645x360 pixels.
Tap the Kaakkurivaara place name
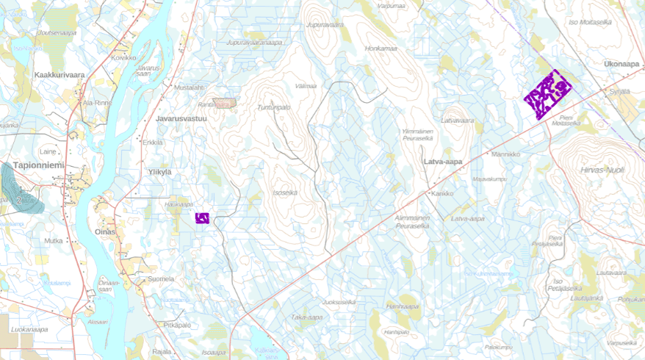(x=59, y=75)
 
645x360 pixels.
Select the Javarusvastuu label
(x=181, y=118)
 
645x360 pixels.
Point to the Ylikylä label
(x=159, y=172)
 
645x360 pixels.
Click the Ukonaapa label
(x=621, y=64)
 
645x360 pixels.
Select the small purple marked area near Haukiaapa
(x=202, y=217)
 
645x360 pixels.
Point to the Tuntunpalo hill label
(x=274, y=107)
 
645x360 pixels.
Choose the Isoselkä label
(x=285, y=192)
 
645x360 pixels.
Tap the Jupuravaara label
(x=325, y=25)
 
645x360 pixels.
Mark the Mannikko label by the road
(x=505, y=154)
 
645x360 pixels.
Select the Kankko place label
(x=442, y=194)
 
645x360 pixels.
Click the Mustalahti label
(x=189, y=87)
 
